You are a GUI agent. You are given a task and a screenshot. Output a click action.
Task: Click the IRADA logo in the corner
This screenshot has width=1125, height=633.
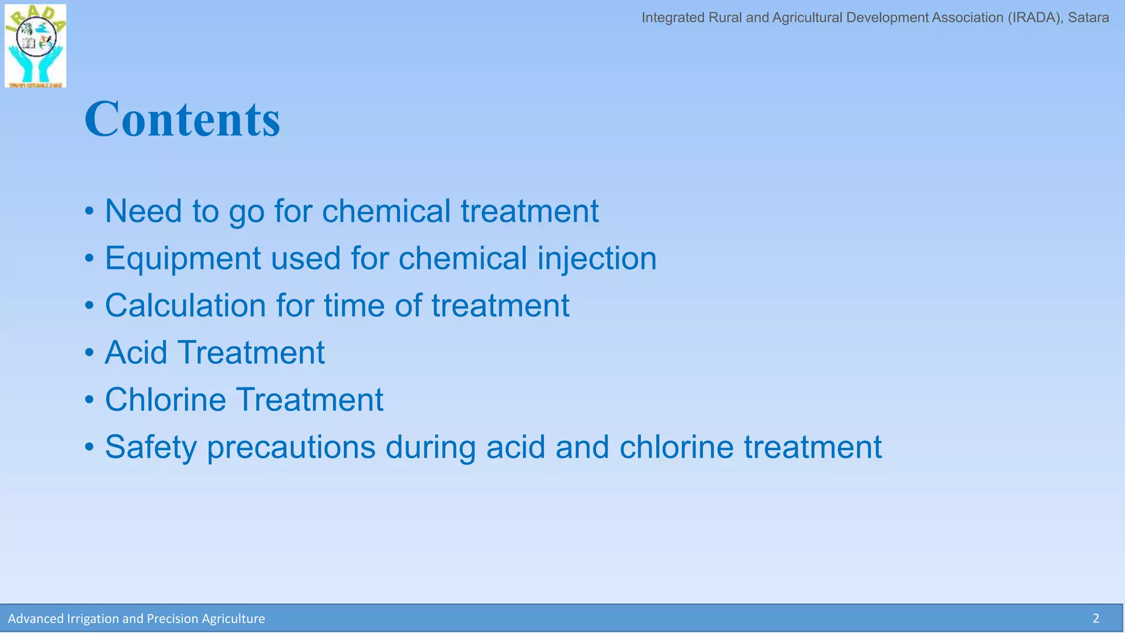pyautogui.click(x=35, y=46)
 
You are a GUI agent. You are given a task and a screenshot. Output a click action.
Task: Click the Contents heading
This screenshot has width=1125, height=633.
pyautogui.click(x=182, y=119)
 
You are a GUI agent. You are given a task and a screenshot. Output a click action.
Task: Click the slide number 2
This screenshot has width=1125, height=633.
pyautogui.click(x=1095, y=619)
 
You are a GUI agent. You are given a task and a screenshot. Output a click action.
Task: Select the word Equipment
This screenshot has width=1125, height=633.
pyautogui.click(x=182, y=258)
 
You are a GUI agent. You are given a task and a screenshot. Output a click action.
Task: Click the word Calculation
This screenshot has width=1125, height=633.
pyautogui.click(x=185, y=306)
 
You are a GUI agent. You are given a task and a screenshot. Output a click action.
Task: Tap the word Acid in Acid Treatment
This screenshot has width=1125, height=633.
pyautogui.click(x=136, y=352)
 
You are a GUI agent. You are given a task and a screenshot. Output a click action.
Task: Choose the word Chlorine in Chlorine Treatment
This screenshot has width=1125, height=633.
pyautogui.click(x=165, y=399)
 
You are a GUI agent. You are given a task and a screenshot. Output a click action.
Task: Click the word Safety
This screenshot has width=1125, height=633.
pyautogui.click(x=151, y=447)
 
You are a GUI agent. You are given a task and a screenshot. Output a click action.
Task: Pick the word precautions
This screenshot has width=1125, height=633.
pyautogui.click(x=291, y=447)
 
